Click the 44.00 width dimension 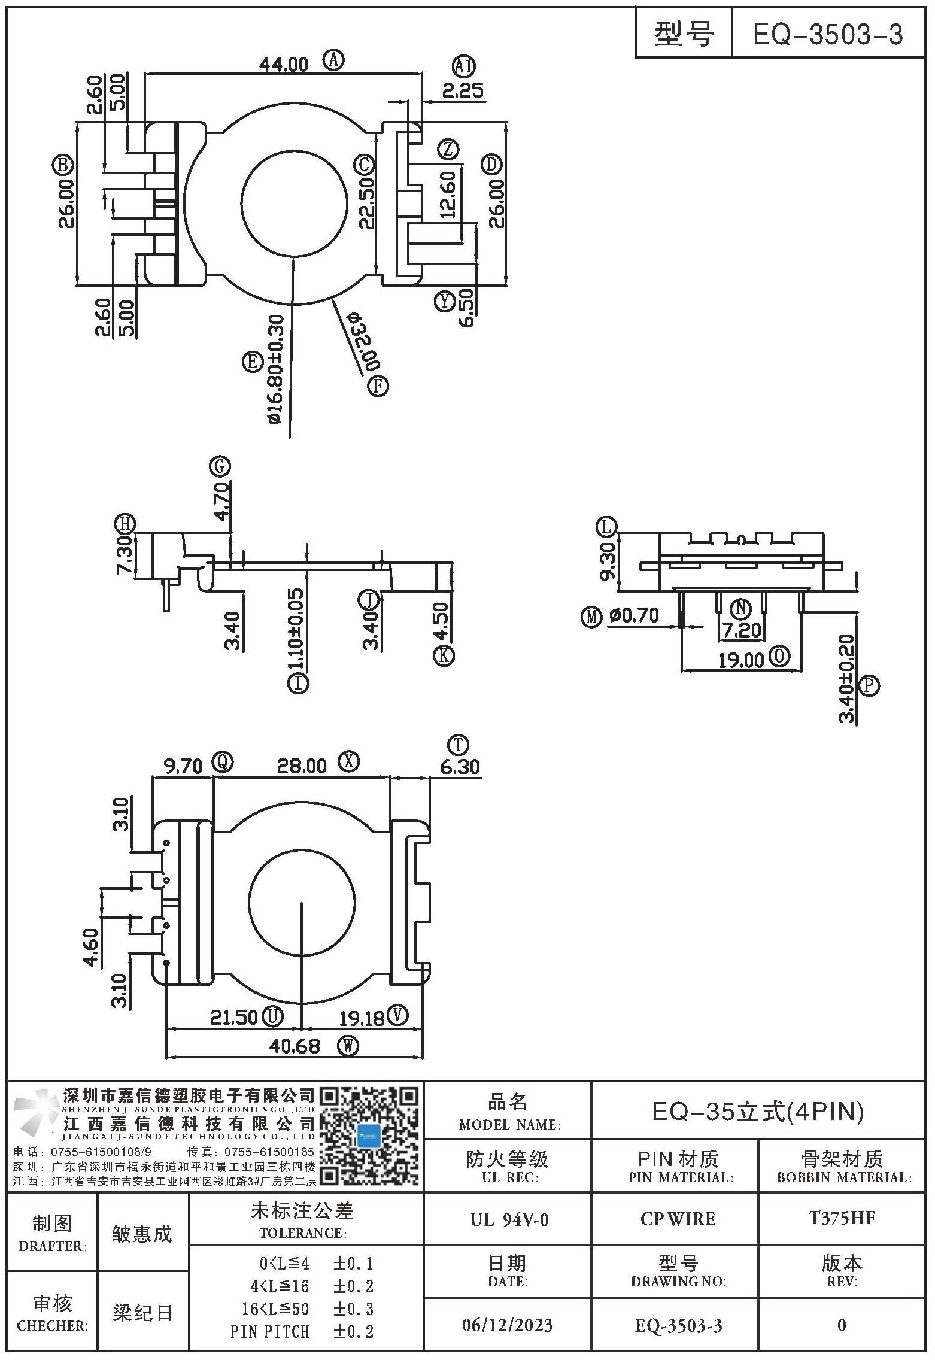click(283, 64)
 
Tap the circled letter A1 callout click(463, 66)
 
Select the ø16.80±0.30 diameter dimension click(275, 370)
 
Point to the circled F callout click(378, 385)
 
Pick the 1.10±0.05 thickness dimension click(296, 629)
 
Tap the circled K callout click(444, 655)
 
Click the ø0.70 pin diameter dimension click(634, 615)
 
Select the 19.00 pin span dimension click(741, 660)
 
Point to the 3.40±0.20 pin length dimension click(846, 678)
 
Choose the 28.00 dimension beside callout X click(302, 766)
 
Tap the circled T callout click(459, 745)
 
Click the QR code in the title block click(369, 1137)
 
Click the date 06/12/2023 click(508, 1325)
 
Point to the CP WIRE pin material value click(678, 1219)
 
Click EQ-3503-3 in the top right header click(828, 35)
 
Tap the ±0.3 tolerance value click(354, 1309)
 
